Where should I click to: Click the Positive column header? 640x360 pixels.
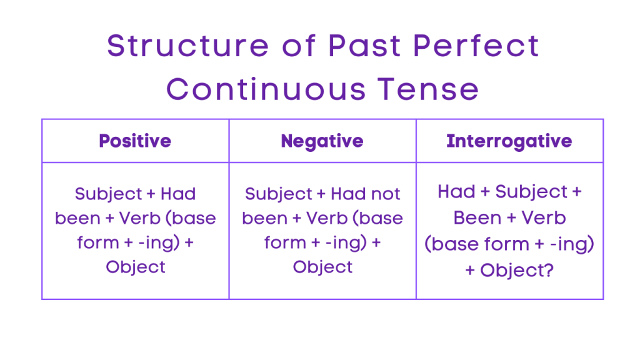[x=135, y=141]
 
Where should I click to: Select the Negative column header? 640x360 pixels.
[x=322, y=141]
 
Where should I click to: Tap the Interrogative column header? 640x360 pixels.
[x=509, y=141]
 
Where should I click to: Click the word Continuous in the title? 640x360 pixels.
[x=266, y=89]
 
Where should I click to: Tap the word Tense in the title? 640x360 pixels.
[x=429, y=89]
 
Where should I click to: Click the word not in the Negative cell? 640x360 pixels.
[x=384, y=194]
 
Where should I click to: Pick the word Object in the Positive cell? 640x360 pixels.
[x=136, y=267]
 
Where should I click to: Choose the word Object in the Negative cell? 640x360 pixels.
[x=322, y=267]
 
